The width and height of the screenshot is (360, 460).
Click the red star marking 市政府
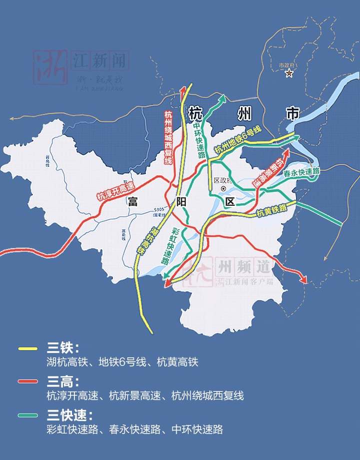pos(288,74)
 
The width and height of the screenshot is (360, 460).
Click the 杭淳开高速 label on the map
pos(116,190)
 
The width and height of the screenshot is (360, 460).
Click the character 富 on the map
pos(132,202)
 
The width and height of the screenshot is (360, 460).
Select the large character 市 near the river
pos(292,113)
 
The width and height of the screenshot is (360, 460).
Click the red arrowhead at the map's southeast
pos(303,280)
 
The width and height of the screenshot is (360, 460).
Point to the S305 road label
pos(159,210)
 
